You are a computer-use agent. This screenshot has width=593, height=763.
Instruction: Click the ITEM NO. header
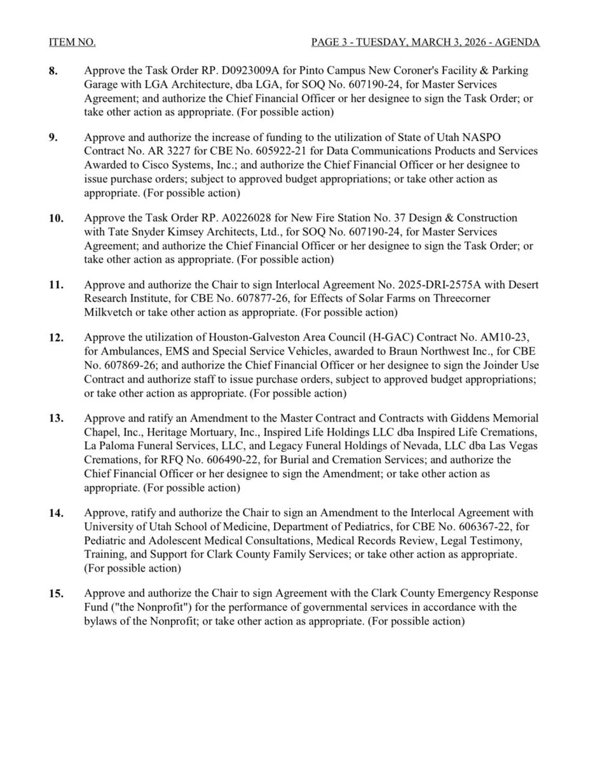coord(72,43)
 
